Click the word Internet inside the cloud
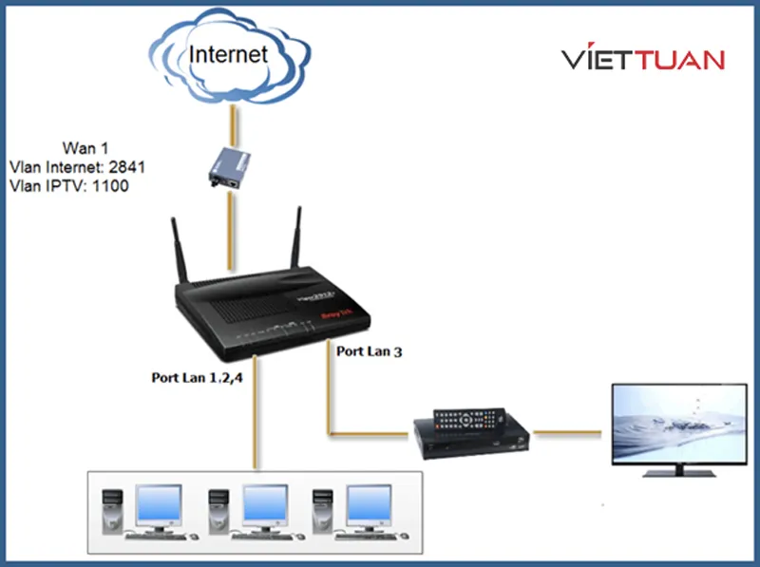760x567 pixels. tap(229, 53)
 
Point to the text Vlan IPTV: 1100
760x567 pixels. tap(68, 186)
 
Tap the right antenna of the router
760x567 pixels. tap(294, 238)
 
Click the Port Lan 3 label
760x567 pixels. tap(370, 351)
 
